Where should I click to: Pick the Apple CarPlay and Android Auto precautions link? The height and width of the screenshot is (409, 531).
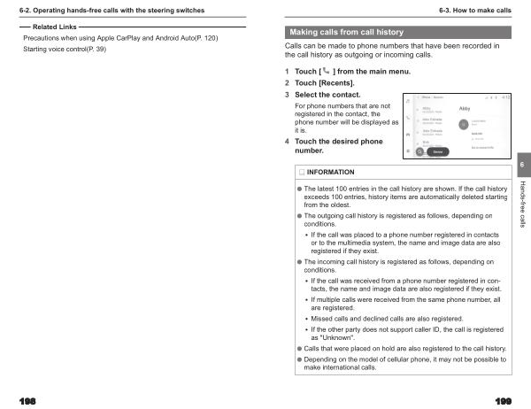pyautogui.click(x=120, y=39)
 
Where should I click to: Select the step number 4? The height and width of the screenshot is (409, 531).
pyautogui.click(x=287, y=142)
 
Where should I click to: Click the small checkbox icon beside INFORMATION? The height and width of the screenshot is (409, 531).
pyautogui.click(x=301, y=172)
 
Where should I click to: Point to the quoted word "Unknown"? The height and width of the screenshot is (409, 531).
pyautogui.click(x=334, y=338)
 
